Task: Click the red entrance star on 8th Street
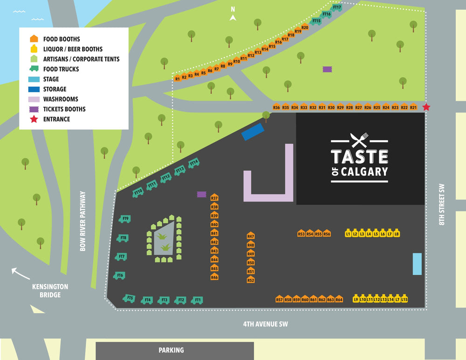426,108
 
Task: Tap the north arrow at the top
233,18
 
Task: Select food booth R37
214,198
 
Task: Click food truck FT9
124,218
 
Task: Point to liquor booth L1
348,233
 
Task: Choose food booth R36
276,107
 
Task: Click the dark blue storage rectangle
253,132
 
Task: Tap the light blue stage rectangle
417,264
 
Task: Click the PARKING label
171,350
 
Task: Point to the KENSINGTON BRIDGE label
50,291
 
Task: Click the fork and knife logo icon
359,140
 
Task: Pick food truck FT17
337,8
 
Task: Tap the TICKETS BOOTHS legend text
64,109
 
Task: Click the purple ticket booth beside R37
201,194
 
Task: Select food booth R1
177,79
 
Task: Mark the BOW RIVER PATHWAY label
83,221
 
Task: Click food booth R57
279,299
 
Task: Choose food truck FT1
197,300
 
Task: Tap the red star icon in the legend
33,119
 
